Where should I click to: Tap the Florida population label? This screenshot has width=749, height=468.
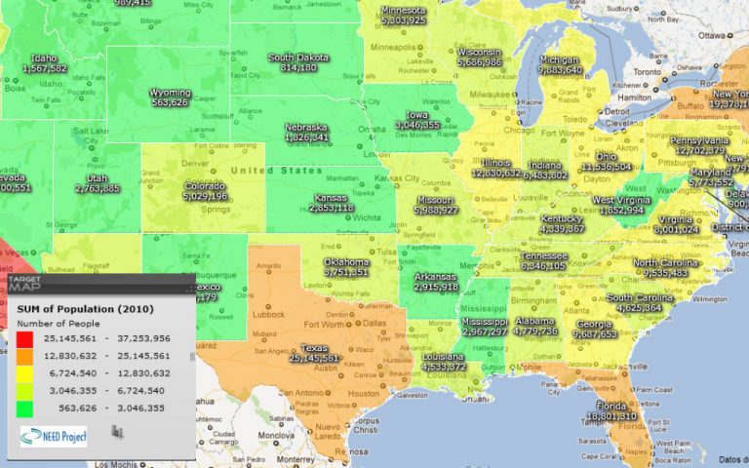[611, 415]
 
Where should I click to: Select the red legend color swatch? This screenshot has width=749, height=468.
[24, 338]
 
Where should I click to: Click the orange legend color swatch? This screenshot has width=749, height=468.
[24, 356]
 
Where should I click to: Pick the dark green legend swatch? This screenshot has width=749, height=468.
[24, 409]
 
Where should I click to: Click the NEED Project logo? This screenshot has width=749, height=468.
[54, 436]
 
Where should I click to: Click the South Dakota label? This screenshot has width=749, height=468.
[298, 57]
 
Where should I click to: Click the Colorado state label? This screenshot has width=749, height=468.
[205, 184]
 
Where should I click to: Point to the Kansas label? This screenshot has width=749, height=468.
[333, 196]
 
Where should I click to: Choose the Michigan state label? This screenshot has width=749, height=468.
[560, 58]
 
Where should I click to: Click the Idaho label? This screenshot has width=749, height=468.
[44, 58]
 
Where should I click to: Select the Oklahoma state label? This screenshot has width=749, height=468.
[347, 262]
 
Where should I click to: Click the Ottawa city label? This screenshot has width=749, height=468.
[714, 35]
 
